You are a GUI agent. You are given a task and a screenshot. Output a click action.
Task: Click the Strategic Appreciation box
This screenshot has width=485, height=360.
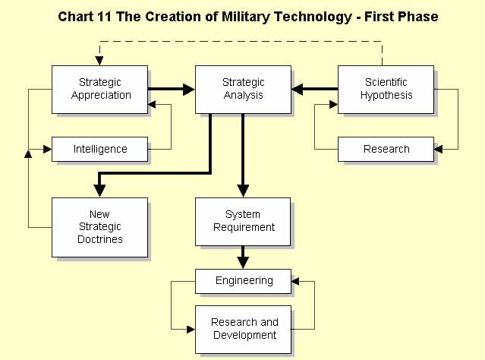99,90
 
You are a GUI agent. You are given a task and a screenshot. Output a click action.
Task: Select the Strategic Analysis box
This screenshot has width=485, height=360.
243,90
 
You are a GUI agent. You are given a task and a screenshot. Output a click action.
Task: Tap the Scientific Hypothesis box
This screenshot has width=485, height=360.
386,90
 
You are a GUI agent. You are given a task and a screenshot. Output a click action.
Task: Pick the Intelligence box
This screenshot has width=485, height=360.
99,149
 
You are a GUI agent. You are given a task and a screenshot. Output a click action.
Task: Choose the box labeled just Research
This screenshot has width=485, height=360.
386,149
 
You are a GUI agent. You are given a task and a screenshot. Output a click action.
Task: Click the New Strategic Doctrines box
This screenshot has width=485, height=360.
99,228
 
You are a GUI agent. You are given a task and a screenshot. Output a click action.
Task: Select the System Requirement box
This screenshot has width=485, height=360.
243,222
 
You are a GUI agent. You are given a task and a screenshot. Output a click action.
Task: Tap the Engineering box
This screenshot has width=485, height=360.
243,281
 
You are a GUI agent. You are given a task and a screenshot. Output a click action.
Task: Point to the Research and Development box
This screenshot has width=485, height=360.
243,330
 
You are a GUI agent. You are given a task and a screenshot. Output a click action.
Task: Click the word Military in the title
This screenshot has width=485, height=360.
246,17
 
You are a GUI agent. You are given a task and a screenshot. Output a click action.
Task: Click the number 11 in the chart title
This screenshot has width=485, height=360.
104,17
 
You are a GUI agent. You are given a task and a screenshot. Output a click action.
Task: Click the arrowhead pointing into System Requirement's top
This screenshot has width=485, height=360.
243,191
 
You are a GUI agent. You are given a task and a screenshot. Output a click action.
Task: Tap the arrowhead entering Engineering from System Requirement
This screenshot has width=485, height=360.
243,263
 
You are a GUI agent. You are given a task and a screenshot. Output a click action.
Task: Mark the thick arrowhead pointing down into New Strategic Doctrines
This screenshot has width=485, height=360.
99,191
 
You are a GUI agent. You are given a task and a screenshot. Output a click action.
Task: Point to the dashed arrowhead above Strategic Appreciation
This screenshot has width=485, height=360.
99,61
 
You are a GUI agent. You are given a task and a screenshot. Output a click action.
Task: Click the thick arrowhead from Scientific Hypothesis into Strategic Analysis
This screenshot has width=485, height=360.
298,90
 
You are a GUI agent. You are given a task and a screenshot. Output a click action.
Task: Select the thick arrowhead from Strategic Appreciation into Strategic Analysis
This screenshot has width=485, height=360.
189,90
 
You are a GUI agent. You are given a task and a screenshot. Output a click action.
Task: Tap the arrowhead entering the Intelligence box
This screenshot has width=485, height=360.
47,149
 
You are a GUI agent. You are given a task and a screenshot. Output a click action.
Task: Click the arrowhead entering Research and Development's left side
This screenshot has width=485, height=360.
191,330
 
